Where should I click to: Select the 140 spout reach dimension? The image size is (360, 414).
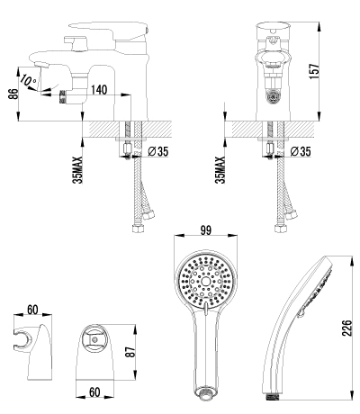tap(99, 90)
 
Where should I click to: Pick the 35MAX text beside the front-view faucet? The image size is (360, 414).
tap(220, 167)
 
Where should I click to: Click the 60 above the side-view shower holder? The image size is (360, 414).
tap(32, 310)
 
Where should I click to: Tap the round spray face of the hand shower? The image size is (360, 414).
tap(206, 281)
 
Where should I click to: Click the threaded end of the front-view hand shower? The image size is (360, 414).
tap(207, 392)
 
